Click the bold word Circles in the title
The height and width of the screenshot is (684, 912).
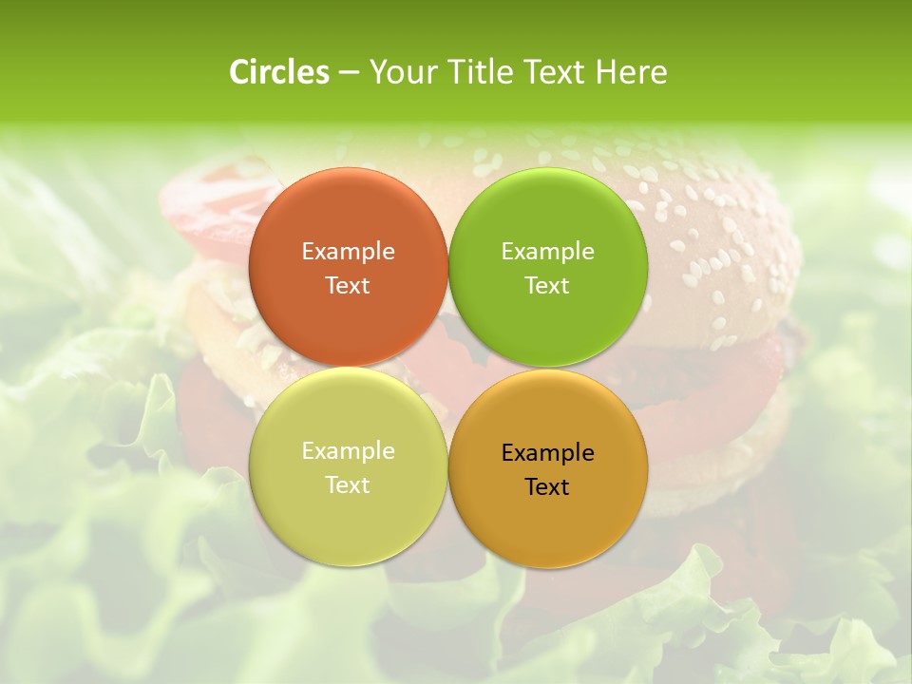[x=279, y=72]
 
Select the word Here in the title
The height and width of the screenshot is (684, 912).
[x=632, y=72]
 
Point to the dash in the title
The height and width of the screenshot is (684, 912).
[x=349, y=73]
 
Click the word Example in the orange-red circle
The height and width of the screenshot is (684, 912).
[x=348, y=251]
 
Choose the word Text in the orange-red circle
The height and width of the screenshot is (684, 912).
[x=348, y=285]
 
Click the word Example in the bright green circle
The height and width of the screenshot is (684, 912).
[x=548, y=251]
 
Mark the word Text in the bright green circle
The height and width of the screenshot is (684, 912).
[x=548, y=285]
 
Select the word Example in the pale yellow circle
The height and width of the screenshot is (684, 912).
[x=348, y=450]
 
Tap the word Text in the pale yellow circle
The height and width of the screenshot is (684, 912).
[x=348, y=484]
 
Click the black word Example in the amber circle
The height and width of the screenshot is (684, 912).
[x=548, y=452]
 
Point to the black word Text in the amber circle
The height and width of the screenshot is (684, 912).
[x=548, y=486]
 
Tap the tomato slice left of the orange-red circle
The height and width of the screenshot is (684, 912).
[x=204, y=204]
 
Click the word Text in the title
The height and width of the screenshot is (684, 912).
[x=556, y=72]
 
